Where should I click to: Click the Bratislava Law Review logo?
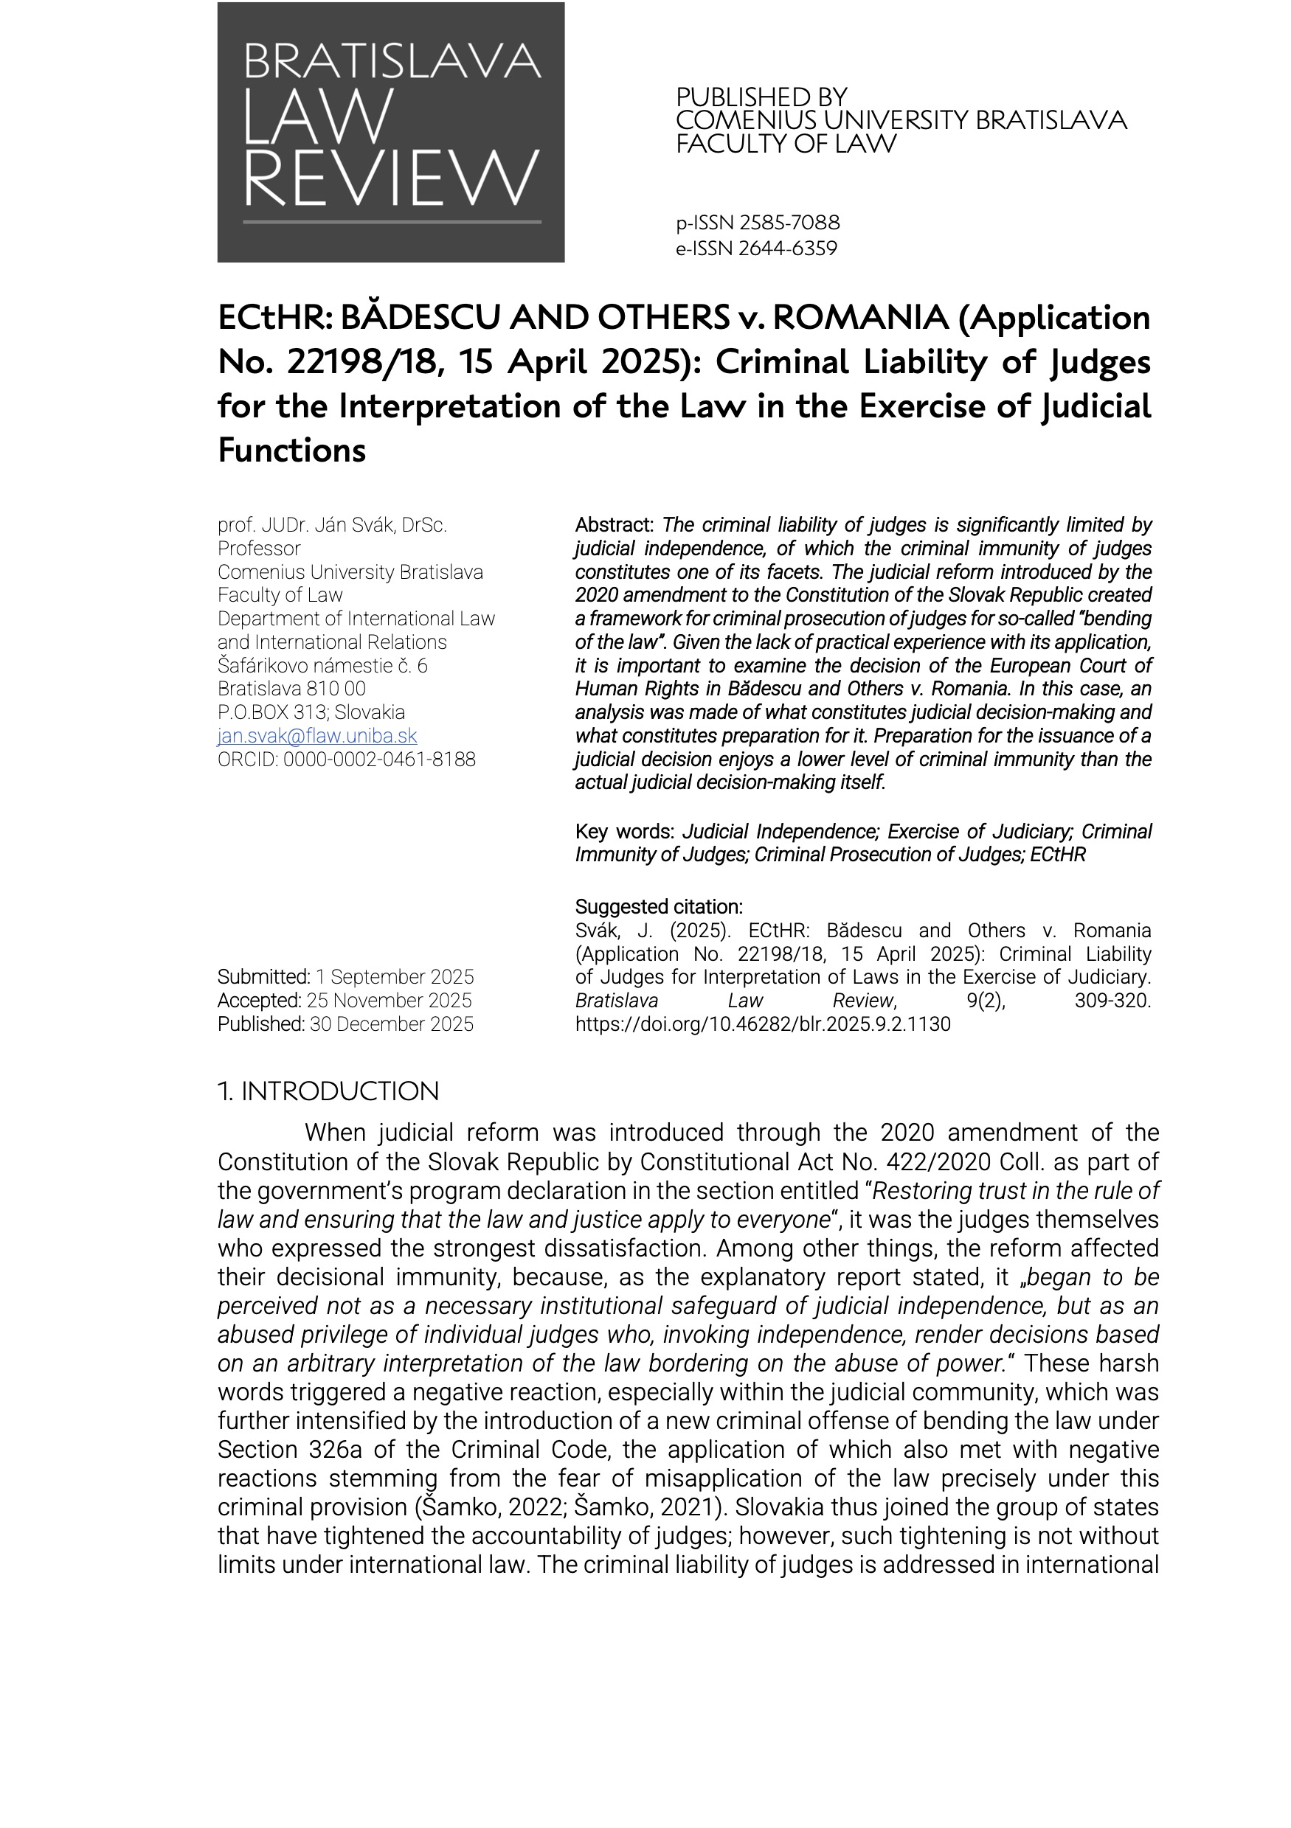[x=390, y=132]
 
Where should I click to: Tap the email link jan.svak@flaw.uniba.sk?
[x=317, y=736]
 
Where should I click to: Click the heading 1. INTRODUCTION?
[x=328, y=1091]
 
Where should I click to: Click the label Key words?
[x=624, y=832]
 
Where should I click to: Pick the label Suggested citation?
[x=659, y=907]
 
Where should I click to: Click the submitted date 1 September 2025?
[x=394, y=977]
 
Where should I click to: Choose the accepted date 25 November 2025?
[x=389, y=1001]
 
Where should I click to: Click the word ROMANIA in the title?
[x=860, y=318]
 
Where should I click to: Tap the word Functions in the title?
[x=291, y=451]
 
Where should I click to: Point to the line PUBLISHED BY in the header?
[x=761, y=97]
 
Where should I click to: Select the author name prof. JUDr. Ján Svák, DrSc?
[x=332, y=526]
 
